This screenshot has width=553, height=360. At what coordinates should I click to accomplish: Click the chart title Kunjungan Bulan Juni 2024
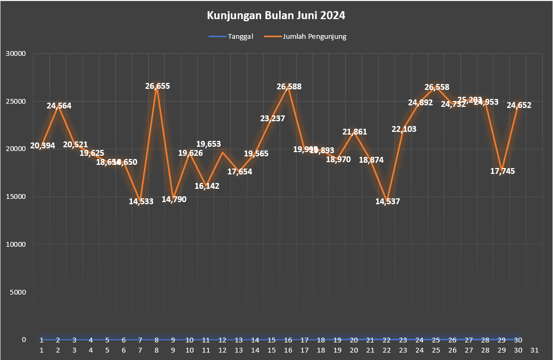[x=276, y=15]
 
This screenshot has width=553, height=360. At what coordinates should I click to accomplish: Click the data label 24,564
[x=58, y=106]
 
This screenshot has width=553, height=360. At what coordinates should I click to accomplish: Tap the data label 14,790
[x=173, y=199]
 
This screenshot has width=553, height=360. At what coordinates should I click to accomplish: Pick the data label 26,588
[x=289, y=86]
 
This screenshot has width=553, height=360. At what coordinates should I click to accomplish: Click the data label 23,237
[x=272, y=119]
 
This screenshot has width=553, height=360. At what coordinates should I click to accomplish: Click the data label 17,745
[x=502, y=171]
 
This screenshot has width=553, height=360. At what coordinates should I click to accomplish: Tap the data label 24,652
[x=518, y=105]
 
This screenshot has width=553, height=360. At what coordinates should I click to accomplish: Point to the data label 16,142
[x=206, y=186]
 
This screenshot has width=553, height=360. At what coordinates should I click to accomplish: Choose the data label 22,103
[x=404, y=129]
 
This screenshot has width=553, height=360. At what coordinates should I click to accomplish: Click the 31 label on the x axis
[x=535, y=350]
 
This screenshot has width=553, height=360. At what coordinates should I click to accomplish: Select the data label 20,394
[x=43, y=145]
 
